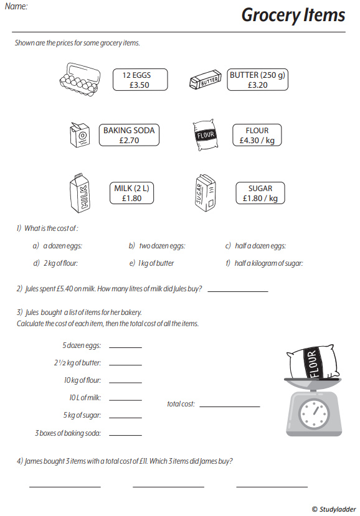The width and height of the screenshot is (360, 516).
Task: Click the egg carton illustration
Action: [80, 79]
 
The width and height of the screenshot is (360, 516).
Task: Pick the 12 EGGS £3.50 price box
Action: [140, 80]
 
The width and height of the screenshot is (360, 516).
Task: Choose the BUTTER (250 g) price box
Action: [257, 80]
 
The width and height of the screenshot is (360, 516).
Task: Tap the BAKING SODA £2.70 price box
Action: [129, 135]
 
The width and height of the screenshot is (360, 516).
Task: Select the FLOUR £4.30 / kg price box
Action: [257, 135]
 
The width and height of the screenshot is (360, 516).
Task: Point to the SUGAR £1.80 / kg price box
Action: [260, 193]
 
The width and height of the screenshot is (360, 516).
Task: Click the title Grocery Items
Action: [293, 15]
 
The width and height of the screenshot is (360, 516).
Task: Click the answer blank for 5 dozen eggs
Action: [125, 347]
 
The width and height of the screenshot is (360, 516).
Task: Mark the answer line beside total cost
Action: [229, 406]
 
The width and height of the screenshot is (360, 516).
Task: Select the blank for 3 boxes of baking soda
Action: [125, 434]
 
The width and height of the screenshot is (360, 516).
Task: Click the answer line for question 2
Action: [237, 291]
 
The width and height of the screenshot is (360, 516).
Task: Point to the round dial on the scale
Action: [313, 412]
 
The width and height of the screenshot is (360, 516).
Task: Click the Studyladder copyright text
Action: [334, 509]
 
